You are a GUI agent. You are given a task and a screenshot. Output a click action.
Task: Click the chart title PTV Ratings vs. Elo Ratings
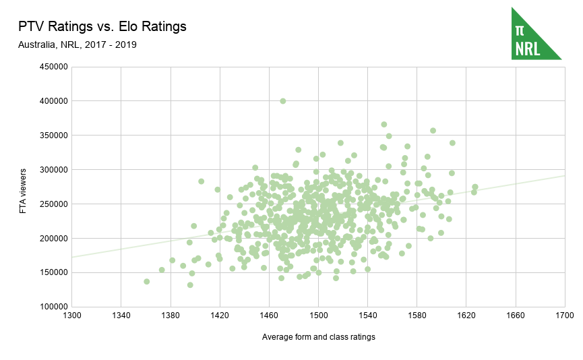tap(102, 27)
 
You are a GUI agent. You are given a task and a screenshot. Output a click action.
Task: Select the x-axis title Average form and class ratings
tap(318, 336)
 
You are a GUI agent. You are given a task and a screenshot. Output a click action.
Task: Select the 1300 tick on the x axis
tap(71, 316)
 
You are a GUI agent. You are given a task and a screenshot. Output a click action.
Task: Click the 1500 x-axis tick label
tap(318, 316)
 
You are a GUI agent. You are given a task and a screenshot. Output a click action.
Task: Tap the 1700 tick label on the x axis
tap(564, 316)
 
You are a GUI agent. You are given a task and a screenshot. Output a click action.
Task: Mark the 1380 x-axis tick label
tap(170, 316)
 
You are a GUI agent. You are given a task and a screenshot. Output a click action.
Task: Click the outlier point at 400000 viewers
tap(283, 101)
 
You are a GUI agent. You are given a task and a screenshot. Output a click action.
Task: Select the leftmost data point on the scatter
tap(146, 281)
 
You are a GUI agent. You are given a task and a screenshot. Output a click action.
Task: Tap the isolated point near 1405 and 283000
tap(201, 181)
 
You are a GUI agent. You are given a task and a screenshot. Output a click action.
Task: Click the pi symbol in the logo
tap(520, 30)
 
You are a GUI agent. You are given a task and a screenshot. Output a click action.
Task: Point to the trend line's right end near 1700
tap(563, 176)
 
